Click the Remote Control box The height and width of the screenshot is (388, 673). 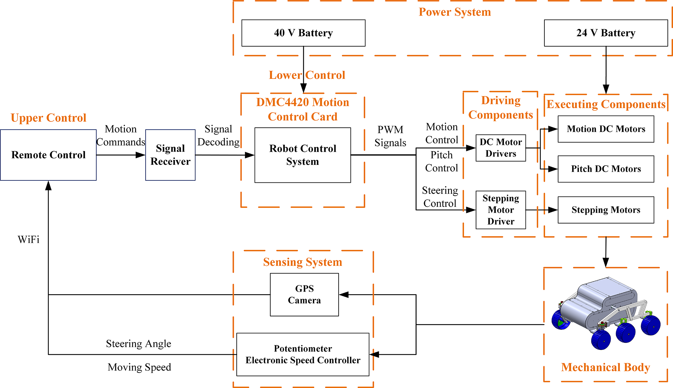(48, 155)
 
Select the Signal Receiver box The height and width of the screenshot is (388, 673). (170, 155)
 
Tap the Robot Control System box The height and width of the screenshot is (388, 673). (302, 155)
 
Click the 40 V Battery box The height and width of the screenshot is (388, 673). (303, 33)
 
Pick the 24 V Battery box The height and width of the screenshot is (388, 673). (606, 33)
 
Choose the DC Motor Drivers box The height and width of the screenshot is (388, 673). (500, 148)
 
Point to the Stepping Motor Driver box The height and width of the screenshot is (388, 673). (500, 210)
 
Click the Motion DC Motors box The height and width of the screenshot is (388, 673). (606, 129)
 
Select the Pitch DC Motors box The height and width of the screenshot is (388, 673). (606, 169)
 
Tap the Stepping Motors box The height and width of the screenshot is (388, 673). (606, 210)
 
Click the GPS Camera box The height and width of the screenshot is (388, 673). (304, 295)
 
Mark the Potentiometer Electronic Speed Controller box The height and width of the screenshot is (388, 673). (303, 354)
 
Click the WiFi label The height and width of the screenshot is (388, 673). (29, 240)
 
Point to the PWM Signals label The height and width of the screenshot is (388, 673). (390, 136)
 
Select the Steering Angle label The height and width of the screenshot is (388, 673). (138, 344)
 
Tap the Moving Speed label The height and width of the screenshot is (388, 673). (139, 367)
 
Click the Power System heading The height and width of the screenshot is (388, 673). (455, 12)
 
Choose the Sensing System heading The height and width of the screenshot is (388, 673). (302, 262)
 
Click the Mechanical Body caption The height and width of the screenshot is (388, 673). (606, 367)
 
